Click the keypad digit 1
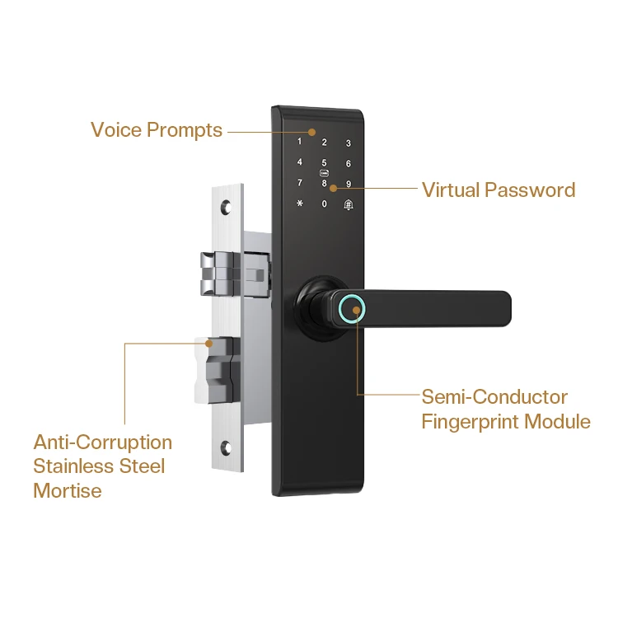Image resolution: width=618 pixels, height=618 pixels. point(300,142)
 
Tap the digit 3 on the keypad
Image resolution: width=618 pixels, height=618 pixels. point(349,143)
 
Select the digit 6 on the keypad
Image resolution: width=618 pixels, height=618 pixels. point(349,164)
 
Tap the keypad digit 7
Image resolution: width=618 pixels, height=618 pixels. point(300,183)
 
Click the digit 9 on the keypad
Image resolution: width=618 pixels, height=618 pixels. point(349,184)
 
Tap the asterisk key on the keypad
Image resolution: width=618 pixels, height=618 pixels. point(300,204)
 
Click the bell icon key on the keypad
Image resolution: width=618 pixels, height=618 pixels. point(349,204)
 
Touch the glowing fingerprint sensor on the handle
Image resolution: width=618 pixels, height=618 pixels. point(354,310)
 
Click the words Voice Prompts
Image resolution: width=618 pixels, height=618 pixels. point(157,130)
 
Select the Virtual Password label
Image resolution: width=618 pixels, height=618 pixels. point(499,190)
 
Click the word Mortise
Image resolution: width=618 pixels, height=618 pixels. point(68,491)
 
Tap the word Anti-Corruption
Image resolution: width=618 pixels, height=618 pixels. point(103,442)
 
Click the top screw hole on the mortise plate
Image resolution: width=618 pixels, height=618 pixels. point(227,202)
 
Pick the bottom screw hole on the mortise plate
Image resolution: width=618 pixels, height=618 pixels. point(227,450)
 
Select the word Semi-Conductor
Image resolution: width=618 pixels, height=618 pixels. point(494,397)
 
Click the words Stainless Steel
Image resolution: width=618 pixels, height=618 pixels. point(99,466)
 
